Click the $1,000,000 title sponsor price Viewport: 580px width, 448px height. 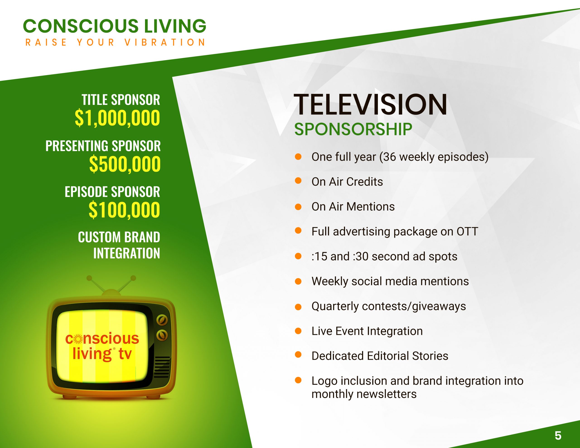click(x=117, y=118)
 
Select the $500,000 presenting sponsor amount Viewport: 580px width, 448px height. click(x=125, y=164)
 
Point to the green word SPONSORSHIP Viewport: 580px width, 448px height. click(x=353, y=129)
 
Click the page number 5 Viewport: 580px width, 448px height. click(x=558, y=436)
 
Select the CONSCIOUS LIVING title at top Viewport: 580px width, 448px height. click(x=114, y=26)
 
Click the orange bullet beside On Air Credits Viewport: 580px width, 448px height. click(x=298, y=181)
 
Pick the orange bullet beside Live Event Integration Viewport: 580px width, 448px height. click(x=298, y=331)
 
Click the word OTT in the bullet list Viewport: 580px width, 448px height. click(x=467, y=231)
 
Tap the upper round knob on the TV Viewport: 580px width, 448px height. click(x=162, y=320)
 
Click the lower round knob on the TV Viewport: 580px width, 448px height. click(x=162, y=335)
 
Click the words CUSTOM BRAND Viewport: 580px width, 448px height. click(x=119, y=237)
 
